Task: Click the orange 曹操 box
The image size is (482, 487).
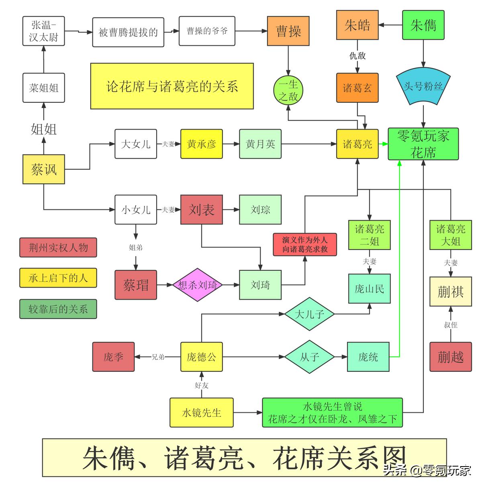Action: [x=288, y=31]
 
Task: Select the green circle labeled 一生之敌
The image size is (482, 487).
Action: [x=288, y=91]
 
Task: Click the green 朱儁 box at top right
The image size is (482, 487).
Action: [x=423, y=25]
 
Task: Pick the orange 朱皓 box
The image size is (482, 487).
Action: [x=357, y=25]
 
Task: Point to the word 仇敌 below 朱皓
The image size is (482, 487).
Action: [x=357, y=56]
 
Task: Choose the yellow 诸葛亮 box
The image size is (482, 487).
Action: [x=357, y=144]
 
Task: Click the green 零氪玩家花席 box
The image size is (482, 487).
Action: [x=423, y=144]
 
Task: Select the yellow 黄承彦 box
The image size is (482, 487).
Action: [x=201, y=144]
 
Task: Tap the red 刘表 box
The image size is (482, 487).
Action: [x=201, y=209]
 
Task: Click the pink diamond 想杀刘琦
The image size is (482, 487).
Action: [x=197, y=285]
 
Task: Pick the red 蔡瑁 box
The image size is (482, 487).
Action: [x=136, y=285]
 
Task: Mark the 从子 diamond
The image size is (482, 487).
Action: [x=309, y=357]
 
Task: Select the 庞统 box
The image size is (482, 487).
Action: [x=368, y=357]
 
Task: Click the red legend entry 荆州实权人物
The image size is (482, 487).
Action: [x=58, y=248]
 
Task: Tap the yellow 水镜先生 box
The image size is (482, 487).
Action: [x=201, y=412]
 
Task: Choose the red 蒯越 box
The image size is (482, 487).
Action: [x=451, y=357]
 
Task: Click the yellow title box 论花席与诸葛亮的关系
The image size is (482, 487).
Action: [x=172, y=86]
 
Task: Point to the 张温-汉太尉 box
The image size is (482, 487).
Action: [x=44, y=31]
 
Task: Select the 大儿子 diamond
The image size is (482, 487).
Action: [x=309, y=314]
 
